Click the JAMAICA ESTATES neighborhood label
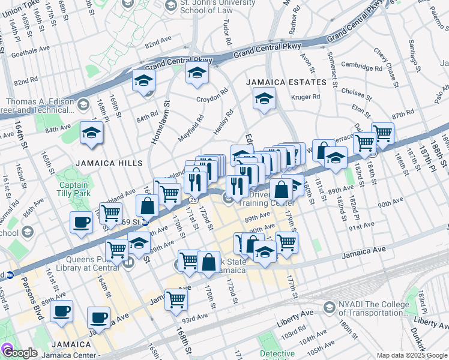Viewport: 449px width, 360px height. pyautogui.click(x=285, y=82)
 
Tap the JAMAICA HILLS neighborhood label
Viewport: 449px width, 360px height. pyautogui.click(x=109, y=163)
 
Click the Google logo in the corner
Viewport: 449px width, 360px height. pyautogui.click(x=20, y=353)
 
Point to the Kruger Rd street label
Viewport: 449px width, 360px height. pyautogui.click(x=306, y=97)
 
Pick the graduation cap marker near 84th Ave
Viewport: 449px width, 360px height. pyautogui.click(x=91, y=133)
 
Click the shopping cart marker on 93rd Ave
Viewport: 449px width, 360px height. pyautogui.click(x=176, y=298)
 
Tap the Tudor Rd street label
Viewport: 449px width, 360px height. pyautogui.click(x=228, y=35)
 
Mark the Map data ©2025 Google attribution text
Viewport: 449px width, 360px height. pyautogui.click(x=411, y=355)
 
